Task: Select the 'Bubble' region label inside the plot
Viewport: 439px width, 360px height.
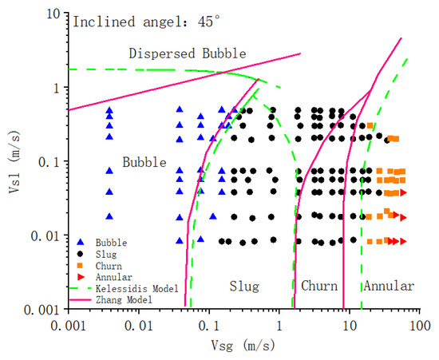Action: pos(144,162)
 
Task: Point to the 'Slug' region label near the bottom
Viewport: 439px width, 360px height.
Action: pos(244,286)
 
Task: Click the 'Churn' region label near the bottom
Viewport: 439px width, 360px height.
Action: pos(319,286)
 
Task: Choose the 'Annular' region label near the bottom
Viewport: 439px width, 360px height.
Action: pos(389,286)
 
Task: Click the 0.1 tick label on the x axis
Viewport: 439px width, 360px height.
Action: pos(209,326)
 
